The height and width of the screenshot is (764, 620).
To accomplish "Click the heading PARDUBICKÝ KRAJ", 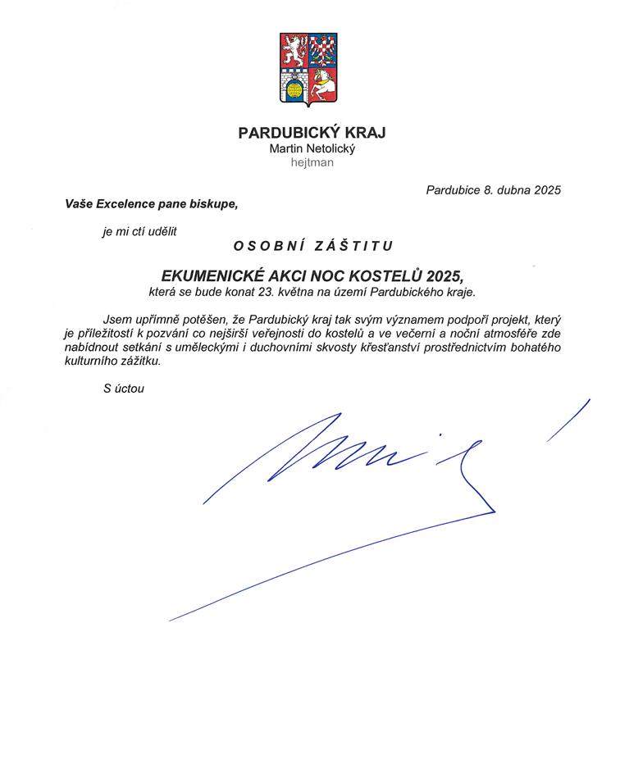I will click(x=312, y=133).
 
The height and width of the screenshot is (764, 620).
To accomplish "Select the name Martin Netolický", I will click(x=312, y=148).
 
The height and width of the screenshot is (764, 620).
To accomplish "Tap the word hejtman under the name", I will click(x=312, y=162).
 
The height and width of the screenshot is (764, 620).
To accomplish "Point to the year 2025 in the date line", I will click(x=546, y=190).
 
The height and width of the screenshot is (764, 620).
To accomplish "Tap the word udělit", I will click(x=162, y=230).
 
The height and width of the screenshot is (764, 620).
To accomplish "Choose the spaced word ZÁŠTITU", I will click(x=358, y=245).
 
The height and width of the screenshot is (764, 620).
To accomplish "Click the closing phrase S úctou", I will click(x=124, y=389).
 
